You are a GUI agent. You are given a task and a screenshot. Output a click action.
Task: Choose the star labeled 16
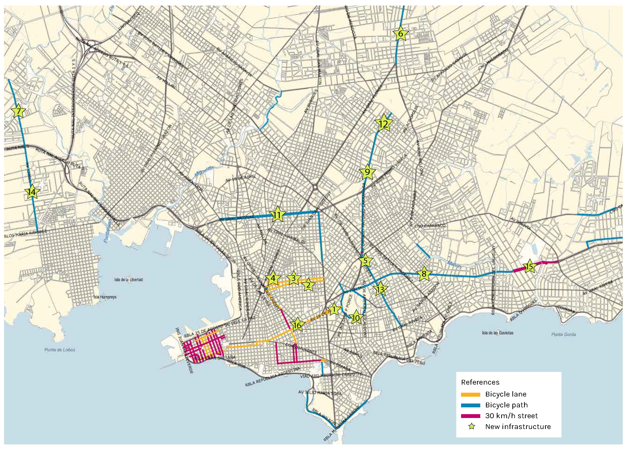coord(297,325)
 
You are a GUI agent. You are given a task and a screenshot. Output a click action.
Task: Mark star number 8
coord(424,274)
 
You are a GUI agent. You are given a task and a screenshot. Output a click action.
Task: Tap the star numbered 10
coord(356,318)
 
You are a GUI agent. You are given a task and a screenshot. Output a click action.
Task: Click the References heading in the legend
coord(480,382)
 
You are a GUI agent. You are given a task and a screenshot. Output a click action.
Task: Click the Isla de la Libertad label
coord(128,280)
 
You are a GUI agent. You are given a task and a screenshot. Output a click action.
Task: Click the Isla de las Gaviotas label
coord(498,333)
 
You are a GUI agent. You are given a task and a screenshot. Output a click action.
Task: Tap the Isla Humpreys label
coord(105,297)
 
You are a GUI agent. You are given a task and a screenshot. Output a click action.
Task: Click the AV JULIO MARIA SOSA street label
coord(320,393)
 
